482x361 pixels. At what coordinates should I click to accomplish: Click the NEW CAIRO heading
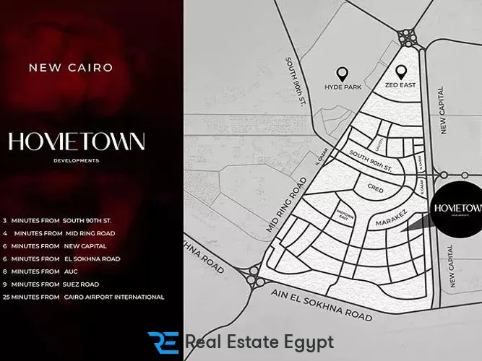tap(70, 68)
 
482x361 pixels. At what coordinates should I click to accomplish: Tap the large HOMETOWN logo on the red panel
tap(77, 141)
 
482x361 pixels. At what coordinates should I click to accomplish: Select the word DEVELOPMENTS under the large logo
tap(76, 160)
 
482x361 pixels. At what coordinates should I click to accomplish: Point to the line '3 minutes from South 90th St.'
tap(57, 220)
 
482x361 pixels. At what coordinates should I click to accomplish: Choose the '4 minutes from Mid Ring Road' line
tap(59, 233)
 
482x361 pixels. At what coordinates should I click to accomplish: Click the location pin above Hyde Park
tap(342, 73)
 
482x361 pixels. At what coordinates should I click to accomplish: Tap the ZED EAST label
tap(401, 87)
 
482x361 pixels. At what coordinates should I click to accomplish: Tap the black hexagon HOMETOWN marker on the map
tap(454, 209)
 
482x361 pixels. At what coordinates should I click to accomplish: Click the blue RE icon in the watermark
tap(163, 342)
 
